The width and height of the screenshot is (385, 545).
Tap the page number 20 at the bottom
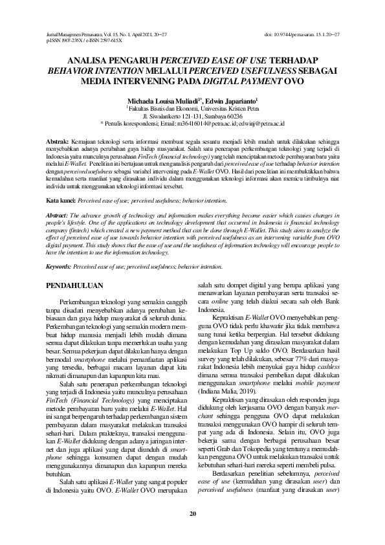[192, 514]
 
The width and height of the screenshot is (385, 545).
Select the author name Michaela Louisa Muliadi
[159, 101]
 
